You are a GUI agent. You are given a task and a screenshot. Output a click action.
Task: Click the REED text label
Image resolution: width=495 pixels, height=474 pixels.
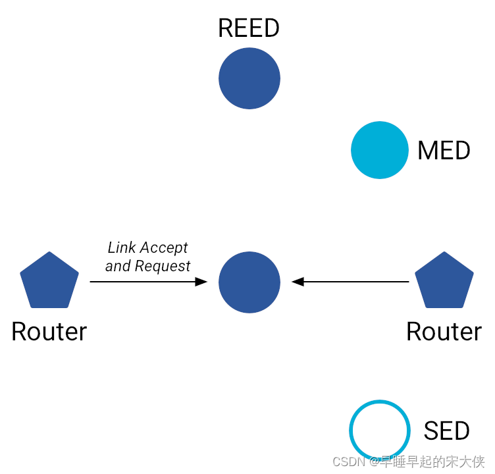(x=249, y=28)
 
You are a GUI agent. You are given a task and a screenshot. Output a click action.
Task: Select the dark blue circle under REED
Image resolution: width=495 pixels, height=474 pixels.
(x=249, y=78)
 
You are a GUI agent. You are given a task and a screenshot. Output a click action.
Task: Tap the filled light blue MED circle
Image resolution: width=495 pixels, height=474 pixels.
(x=380, y=150)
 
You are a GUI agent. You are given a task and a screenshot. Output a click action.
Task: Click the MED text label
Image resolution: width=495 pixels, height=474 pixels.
(x=444, y=151)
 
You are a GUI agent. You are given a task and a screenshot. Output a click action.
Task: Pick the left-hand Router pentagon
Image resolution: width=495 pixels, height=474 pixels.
(x=49, y=281)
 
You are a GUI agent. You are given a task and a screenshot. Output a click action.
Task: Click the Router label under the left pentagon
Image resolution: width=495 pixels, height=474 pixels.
(x=49, y=331)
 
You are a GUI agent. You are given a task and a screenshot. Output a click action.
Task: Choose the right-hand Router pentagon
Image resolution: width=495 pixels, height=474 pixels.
(x=444, y=281)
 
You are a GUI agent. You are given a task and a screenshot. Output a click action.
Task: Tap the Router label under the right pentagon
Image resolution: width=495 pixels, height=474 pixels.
(x=444, y=331)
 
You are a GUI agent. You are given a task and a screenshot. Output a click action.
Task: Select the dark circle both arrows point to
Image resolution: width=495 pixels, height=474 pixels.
(x=249, y=282)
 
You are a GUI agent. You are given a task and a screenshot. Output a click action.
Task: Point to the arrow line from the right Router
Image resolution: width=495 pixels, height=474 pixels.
(x=355, y=282)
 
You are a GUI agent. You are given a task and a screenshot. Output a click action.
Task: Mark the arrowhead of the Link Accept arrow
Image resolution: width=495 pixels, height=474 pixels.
(x=201, y=282)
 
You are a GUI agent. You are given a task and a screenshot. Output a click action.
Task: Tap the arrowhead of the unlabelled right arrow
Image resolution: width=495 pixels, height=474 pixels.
(x=298, y=282)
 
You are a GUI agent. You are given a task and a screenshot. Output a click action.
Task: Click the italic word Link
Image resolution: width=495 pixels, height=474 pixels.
(x=120, y=248)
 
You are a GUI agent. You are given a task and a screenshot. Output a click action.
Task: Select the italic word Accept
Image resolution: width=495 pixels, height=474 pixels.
(x=163, y=248)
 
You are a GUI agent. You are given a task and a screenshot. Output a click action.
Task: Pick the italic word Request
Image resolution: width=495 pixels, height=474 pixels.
(x=162, y=266)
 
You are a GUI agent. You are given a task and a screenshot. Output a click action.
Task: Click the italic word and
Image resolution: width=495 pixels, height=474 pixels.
(x=118, y=266)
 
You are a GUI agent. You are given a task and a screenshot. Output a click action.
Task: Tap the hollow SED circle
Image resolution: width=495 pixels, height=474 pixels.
(x=380, y=431)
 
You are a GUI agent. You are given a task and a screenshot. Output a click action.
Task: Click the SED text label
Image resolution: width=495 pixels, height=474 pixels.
(x=446, y=431)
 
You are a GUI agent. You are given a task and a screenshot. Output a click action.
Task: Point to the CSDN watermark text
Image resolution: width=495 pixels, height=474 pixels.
(x=408, y=461)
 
